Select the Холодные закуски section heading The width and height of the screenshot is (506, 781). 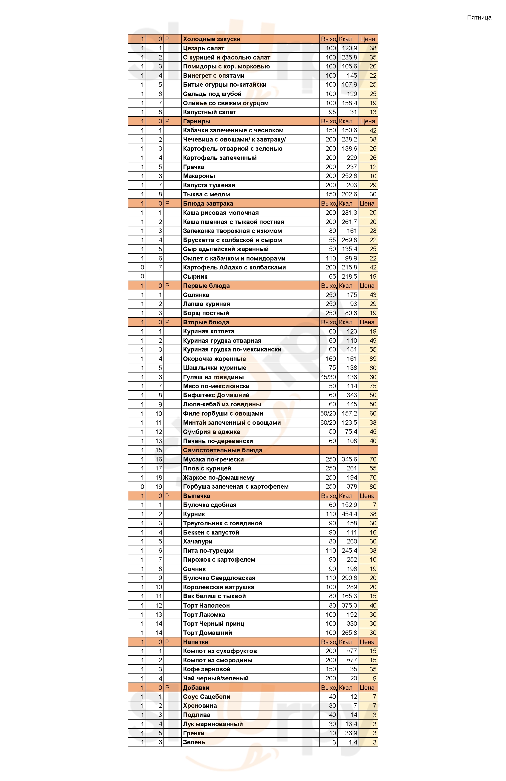[212, 39]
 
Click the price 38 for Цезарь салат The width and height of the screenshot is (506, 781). [373, 48]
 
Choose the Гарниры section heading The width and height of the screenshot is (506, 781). [196, 121]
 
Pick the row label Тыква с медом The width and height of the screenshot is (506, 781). [206, 194]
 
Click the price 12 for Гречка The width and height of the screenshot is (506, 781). [373, 167]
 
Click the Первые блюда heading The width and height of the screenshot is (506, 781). [206, 286]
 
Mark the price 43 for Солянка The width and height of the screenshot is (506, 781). [373, 295]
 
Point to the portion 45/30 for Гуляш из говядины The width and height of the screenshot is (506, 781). [328, 377]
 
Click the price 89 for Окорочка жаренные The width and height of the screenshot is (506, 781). [373, 359]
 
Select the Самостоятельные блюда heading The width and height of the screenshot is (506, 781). [222, 450]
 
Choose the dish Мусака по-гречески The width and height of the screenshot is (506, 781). [213, 459]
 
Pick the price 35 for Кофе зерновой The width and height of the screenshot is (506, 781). [373, 669]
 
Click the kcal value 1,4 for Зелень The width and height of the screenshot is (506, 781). [353, 742]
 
